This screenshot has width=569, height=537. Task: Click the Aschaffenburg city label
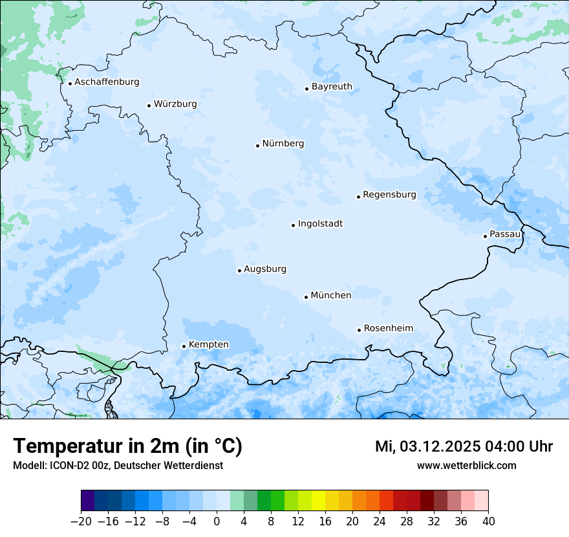tap(107, 82)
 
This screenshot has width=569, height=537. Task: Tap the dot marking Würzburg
tap(149, 105)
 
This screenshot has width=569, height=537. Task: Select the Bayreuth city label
tap(332, 87)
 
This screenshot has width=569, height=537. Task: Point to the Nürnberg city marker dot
tap(257, 146)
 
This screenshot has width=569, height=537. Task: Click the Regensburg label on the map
tap(389, 195)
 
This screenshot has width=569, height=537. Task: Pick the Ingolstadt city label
tap(320, 224)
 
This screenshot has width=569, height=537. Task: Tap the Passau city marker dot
tap(485, 236)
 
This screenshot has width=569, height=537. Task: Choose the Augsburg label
tap(264, 269)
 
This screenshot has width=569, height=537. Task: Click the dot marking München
tap(306, 298)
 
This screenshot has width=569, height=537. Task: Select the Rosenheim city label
tap(388, 329)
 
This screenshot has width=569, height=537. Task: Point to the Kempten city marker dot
tap(184, 346)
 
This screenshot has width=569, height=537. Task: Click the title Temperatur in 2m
tap(127, 446)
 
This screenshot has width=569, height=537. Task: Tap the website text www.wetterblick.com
tap(466, 466)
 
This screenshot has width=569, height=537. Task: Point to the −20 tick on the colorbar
tap(81, 521)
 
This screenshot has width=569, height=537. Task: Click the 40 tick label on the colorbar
tap(488, 521)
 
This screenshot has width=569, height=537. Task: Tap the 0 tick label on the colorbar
tap(217, 521)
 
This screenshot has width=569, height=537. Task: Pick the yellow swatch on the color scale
tap(318, 501)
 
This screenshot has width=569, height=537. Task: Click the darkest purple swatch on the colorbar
tap(88, 501)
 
